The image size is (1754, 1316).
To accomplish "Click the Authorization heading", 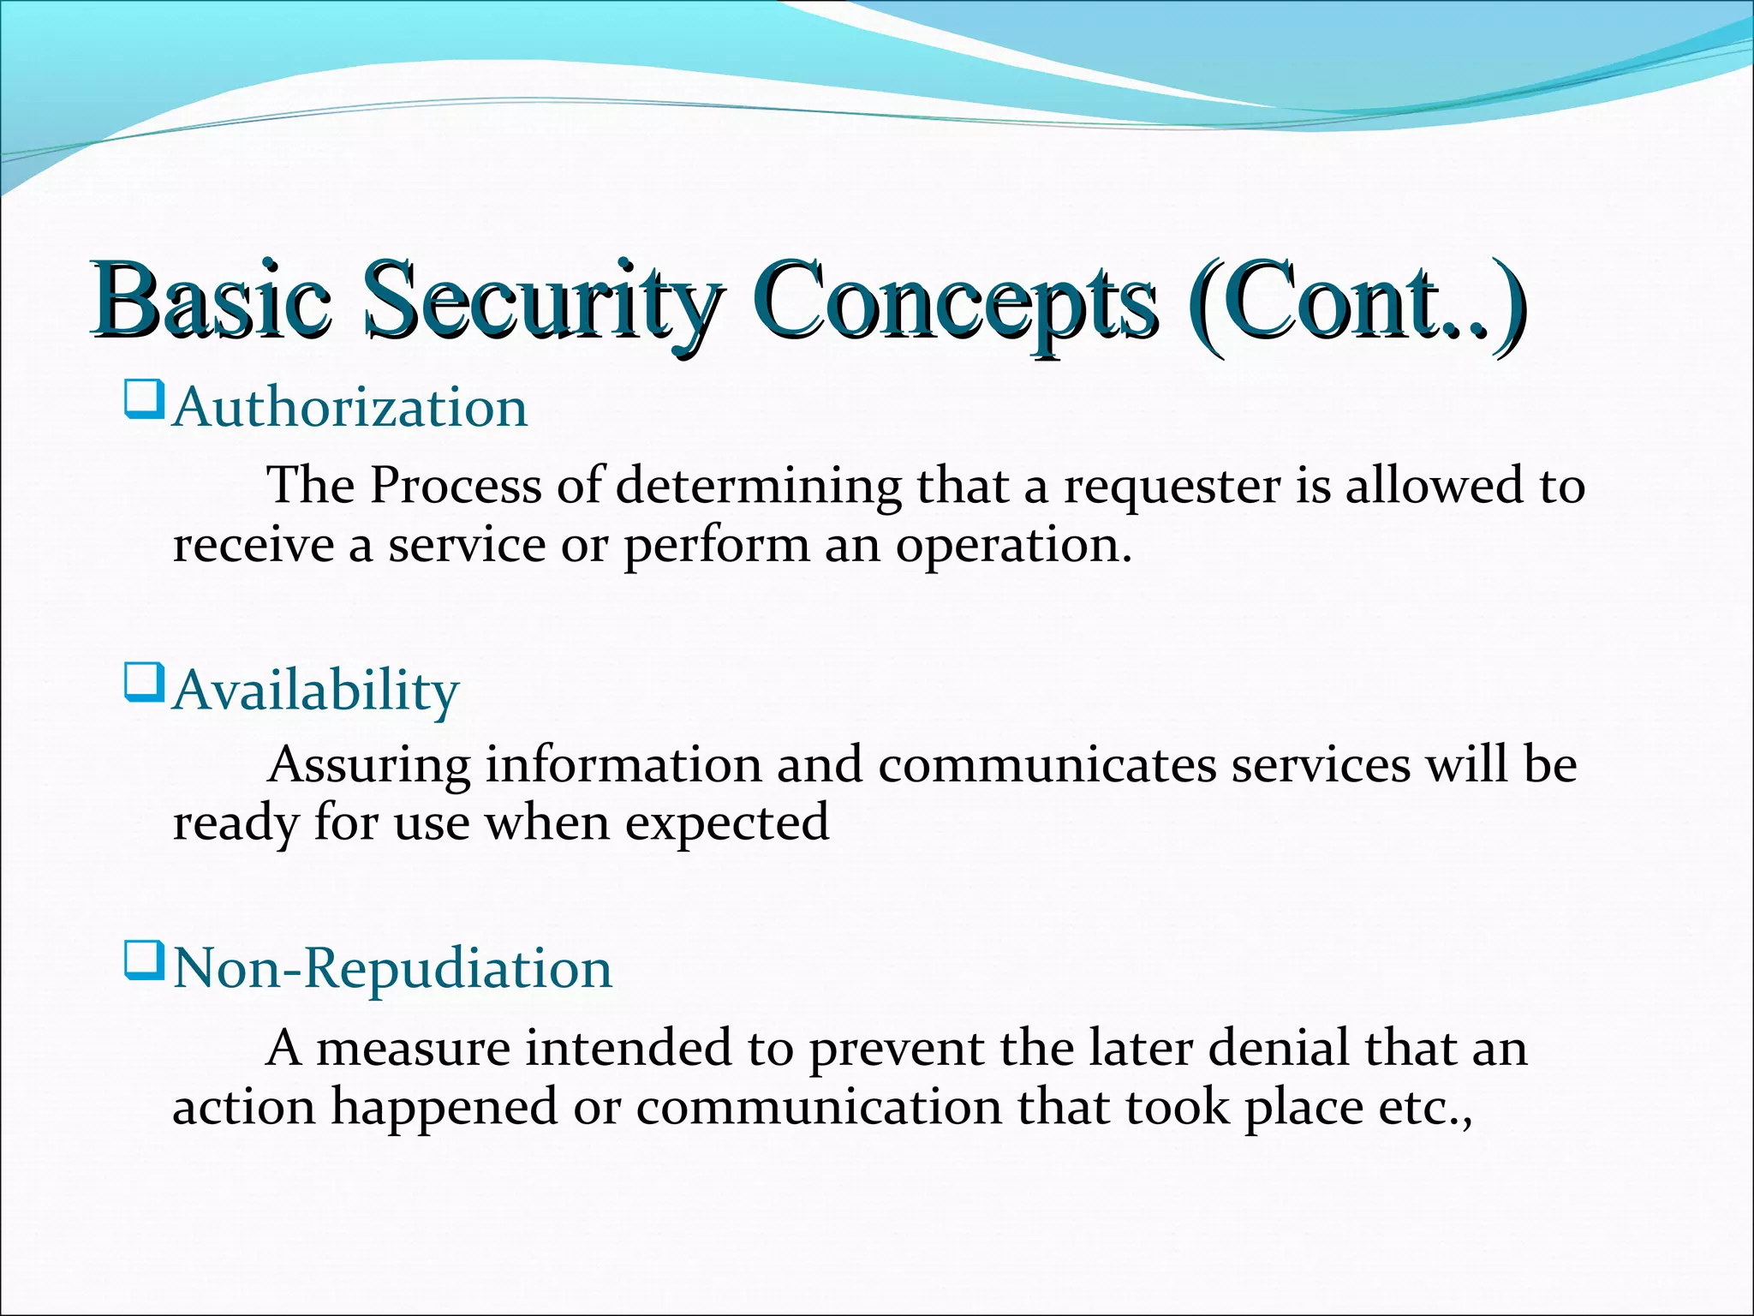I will pyautogui.click(x=350, y=407).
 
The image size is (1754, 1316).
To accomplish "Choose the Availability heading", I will pyautogui.click(x=316, y=691).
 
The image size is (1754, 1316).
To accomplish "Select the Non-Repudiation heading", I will pyautogui.click(x=393, y=969).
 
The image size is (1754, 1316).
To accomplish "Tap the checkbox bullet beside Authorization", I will pyautogui.click(x=143, y=400).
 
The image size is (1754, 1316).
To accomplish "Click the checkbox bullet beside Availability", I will pyautogui.click(x=143, y=683).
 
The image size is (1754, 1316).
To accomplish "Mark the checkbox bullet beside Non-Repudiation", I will pyautogui.click(x=143, y=961).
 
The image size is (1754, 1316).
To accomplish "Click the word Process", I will pyautogui.click(x=456, y=487).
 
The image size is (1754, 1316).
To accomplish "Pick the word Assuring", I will pyautogui.click(x=369, y=766).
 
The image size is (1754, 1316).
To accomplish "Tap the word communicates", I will pyautogui.click(x=1047, y=764).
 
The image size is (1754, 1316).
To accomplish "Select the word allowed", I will pyautogui.click(x=1435, y=486).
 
